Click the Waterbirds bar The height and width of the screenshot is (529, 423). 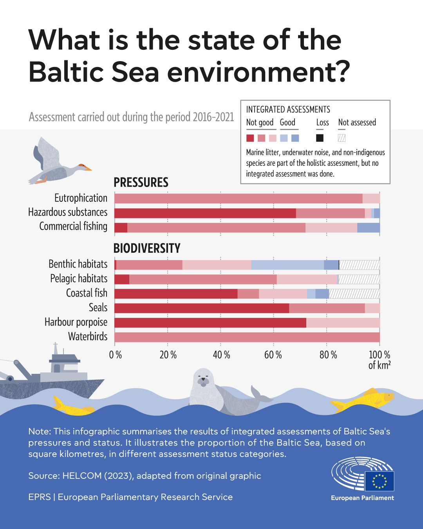[247, 337]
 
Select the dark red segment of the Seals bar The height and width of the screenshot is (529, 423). [201, 308]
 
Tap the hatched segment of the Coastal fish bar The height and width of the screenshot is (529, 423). [354, 293]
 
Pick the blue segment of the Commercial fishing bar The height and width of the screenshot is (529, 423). [368, 228]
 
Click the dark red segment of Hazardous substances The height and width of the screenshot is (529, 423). [205, 213]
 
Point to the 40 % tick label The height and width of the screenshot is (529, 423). [221, 355]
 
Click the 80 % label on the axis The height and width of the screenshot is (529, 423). [328, 355]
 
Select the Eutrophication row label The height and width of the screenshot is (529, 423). [81, 198]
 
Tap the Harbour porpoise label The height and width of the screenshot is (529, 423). [76, 322]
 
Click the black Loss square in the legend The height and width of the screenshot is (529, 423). [320, 138]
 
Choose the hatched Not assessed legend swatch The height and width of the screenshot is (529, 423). [342, 138]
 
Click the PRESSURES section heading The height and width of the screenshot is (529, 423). [141, 183]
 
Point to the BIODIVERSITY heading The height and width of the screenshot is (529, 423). [147, 248]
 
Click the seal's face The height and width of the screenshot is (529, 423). [203, 380]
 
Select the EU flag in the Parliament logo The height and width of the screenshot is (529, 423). [380, 481]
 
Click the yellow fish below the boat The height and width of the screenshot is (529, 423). [72, 408]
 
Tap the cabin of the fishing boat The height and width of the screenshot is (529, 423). [63, 364]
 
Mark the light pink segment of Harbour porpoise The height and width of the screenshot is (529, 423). [343, 322]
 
